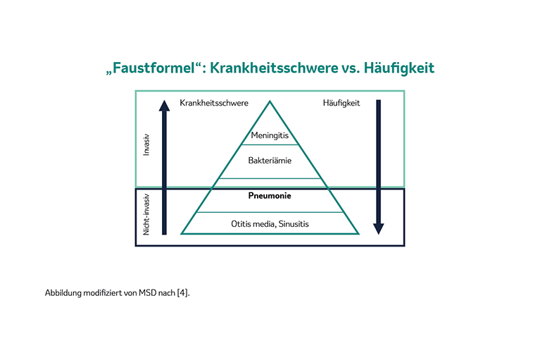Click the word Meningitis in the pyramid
coord(270,135)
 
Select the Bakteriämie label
coord(270,161)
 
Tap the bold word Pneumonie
coord(270,196)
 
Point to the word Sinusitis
coord(294,224)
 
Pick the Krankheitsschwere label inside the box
coord(214,103)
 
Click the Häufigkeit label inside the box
coord(341,103)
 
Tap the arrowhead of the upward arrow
coord(164,106)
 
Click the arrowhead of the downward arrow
coord(379,229)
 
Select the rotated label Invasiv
coord(146,144)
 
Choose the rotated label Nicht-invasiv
coord(146,214)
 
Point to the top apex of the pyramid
coord(270,101)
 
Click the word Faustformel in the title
coord(153,68)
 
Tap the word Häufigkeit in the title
coord(399,68)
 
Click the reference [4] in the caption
coord(183,293)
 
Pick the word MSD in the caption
coord(147,293)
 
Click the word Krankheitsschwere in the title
coord(274,68)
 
